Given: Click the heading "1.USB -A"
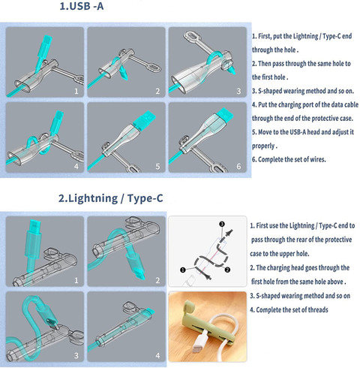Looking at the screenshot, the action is coord(82,6).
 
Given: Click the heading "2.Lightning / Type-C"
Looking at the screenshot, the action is coord(111,198).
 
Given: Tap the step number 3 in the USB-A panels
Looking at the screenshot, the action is coord(238,91).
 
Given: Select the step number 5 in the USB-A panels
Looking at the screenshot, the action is coord(157,166).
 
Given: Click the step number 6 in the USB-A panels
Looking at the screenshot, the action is coord(238,166).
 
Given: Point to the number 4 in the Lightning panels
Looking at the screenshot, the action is coord(157,355).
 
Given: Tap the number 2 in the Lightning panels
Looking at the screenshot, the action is coord(157,280).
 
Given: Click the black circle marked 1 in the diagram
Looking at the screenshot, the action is coord(183,270).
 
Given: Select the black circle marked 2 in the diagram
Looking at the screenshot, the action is coord(227,270).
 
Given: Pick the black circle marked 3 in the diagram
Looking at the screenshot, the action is coord(222,224).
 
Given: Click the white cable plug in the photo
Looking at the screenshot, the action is coord(201,342).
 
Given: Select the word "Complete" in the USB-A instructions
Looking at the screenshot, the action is coord(269,159).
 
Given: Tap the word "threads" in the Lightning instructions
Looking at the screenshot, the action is coord(317,310).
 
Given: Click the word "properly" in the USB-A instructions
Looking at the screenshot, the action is coord(263,146).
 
